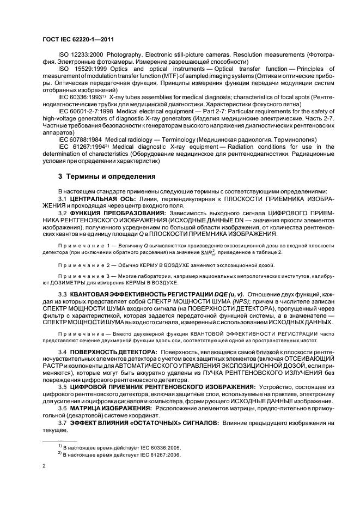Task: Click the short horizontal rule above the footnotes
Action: (60, 439)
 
